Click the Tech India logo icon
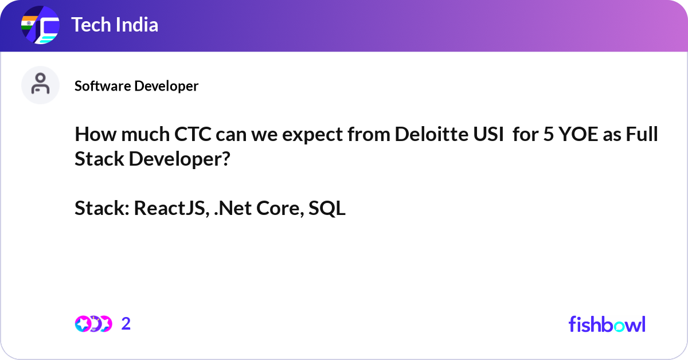tap(40, 26)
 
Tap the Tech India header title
tap(114, 25)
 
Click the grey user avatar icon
tap(40, 85)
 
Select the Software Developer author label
tap(136, 86)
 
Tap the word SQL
tap(327, 209)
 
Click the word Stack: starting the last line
tap(101, 209)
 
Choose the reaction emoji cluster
tap(93, 324)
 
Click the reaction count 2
tap(126, 324)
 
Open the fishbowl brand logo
tap(607, 324)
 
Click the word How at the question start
tap(92, 136)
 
